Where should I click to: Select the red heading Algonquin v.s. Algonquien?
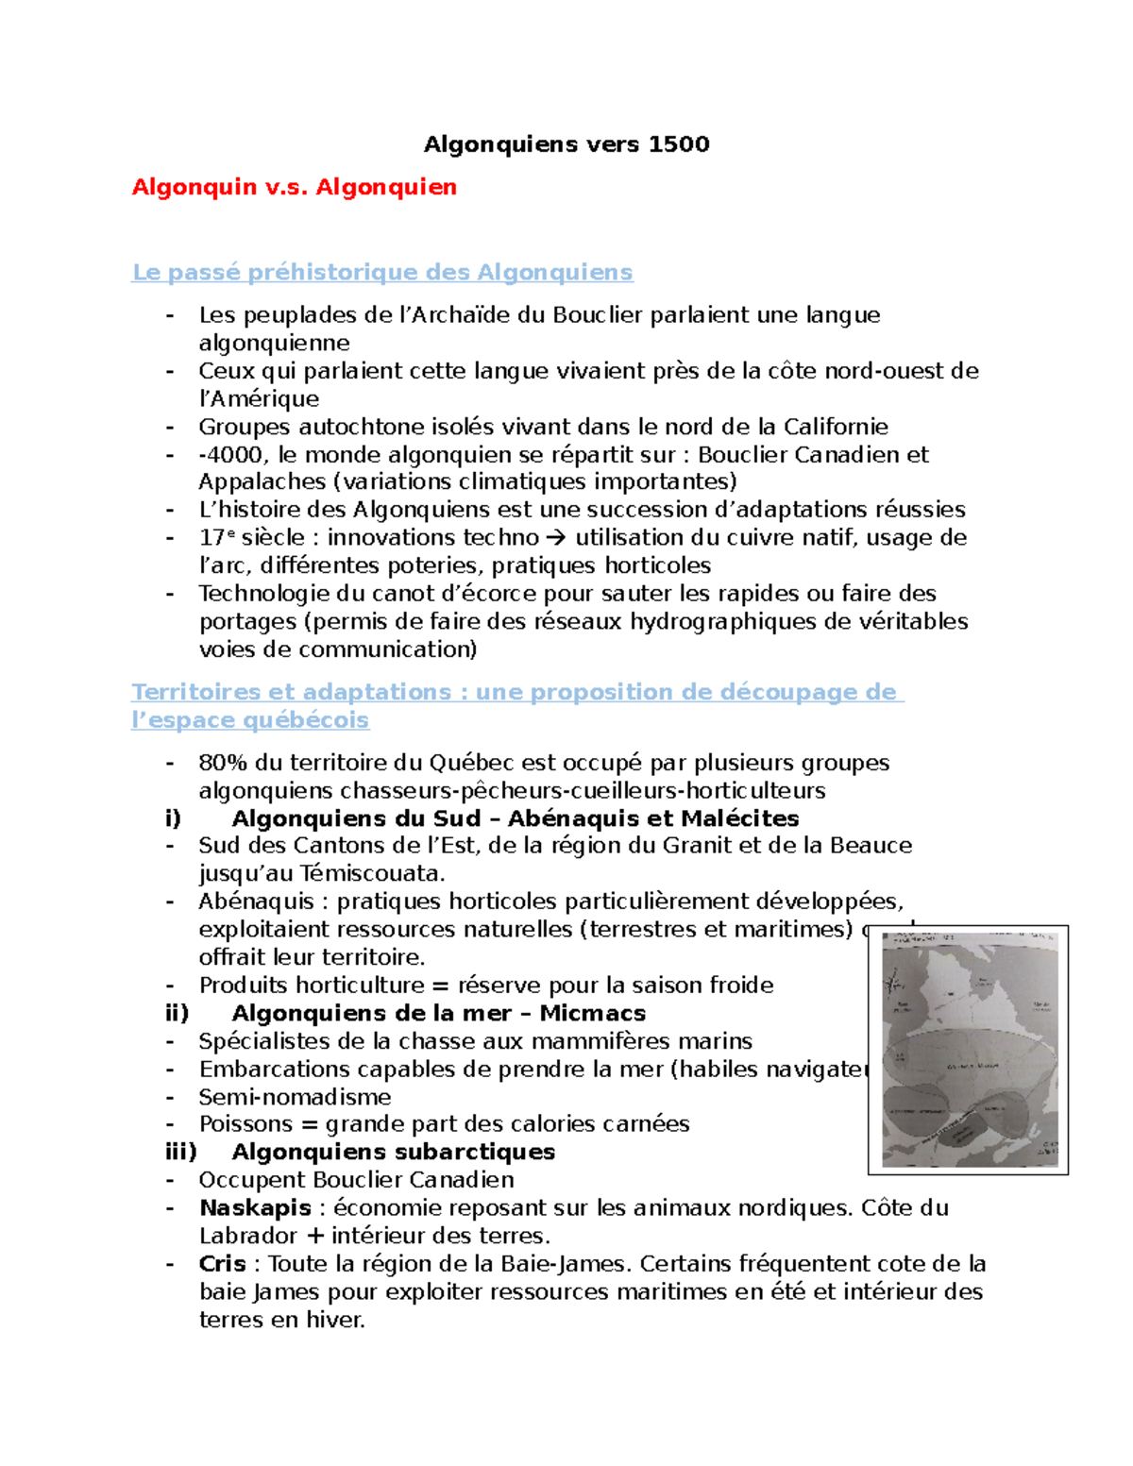(294, 187)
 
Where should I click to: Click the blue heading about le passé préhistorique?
(382, 273)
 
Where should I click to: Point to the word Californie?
(833, 427)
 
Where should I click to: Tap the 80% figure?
(223, 763)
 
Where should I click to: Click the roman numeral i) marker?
(173, 818)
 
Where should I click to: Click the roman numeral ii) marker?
(178, 1013)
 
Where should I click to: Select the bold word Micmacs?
(593, 1013)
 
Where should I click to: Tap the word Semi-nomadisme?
(295, 1097)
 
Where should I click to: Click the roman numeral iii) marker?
(180, 1152)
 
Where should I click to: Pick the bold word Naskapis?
(255, 1208)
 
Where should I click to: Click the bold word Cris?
(223, 1264)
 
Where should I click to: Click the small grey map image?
(968, 1050)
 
